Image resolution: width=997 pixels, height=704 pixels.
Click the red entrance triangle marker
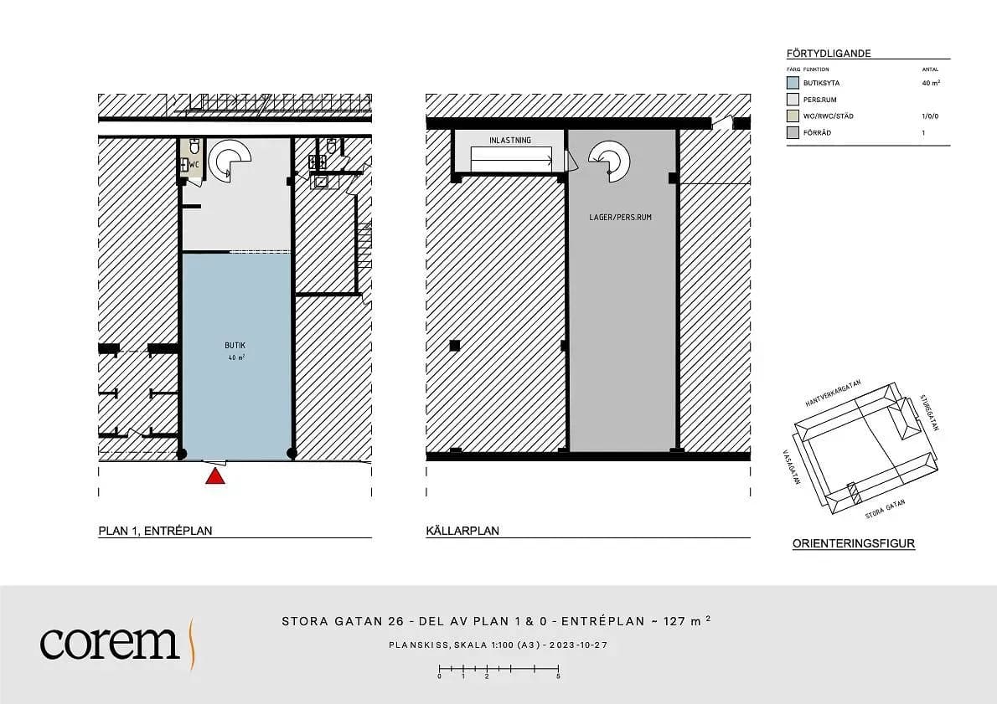215,476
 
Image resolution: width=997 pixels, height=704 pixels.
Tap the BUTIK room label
235,346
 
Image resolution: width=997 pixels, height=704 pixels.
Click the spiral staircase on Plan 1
229,159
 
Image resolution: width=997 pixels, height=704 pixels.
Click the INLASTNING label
510,141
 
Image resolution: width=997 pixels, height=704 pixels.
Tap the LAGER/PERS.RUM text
621,218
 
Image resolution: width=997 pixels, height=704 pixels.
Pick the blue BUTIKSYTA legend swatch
793,83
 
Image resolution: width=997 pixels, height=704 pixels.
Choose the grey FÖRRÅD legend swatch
793,133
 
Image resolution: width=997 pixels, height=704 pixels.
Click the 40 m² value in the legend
931,83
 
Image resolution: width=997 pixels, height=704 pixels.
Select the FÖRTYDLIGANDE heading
829,54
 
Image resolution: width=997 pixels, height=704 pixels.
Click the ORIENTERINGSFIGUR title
853,543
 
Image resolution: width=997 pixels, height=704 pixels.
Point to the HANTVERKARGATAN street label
833,393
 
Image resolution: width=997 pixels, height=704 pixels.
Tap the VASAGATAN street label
791,468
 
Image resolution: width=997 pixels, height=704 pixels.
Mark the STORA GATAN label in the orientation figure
885,510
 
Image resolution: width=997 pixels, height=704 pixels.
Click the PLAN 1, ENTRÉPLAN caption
155,531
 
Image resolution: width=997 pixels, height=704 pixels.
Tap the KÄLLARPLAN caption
462,531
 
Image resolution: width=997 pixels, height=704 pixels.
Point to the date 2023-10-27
579,645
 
